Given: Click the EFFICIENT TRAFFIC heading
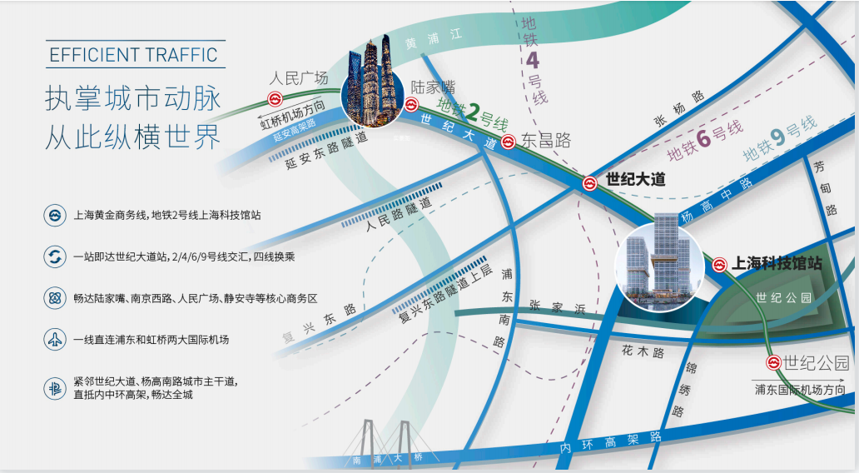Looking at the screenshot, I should click(134, 56).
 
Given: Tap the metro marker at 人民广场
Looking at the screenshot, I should click(275, 98).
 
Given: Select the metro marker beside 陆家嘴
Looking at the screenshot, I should click(411, 105).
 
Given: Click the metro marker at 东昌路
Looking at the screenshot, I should click(508, 141).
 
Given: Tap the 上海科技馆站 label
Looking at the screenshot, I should click(777, 264).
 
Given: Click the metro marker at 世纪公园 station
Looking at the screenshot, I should click(772, 363).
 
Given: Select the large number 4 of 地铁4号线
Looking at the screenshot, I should click(533, 61).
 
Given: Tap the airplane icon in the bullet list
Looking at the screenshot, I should click(55, 340).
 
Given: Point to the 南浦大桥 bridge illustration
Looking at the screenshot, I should click(386, 441).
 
